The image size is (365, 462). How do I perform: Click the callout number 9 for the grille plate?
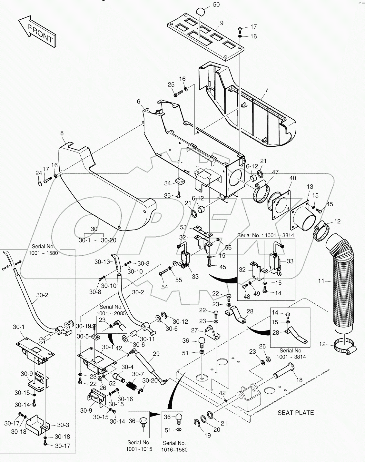(x=222, y=23)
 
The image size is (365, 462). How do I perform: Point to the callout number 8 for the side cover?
(x=62, y=133)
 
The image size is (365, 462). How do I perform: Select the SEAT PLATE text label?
(x=295, y=413)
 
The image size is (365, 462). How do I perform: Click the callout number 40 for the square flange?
(x=292, y=178)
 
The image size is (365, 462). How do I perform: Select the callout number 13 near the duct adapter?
(x=310, y=187)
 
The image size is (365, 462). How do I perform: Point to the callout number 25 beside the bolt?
(x=171, y=84)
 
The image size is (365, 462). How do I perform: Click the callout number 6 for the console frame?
(x=139, y=101)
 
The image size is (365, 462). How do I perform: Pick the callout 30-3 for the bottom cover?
(x=63, y=425)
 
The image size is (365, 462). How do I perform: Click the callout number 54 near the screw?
(x=164, y=287)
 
